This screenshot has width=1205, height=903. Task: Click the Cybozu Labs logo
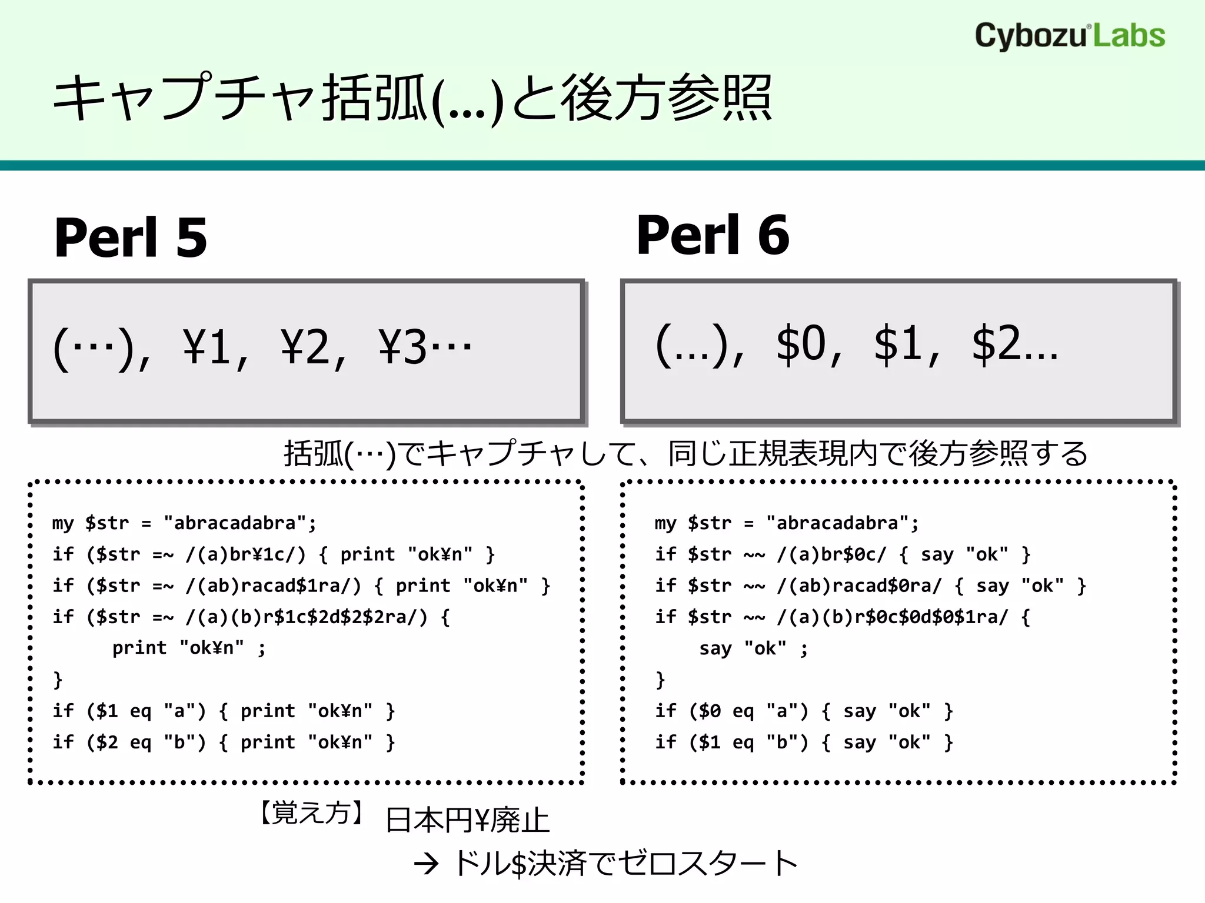(1070, 36)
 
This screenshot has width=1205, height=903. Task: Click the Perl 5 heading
(131, 237)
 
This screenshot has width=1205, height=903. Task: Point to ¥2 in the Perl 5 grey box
(305, 347)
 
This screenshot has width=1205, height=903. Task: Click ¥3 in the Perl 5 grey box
(402, 347)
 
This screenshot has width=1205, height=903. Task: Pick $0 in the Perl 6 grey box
(801, 343)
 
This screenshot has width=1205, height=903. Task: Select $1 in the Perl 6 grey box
(898, 343)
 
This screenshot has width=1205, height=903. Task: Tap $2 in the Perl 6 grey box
(996, 343)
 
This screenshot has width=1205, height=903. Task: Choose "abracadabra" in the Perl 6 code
(837, 523)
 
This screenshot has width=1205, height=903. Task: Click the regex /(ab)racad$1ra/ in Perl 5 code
(273, 586)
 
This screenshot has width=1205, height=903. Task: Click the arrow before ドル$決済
(426, 864)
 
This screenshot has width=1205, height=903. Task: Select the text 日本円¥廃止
(467, 820)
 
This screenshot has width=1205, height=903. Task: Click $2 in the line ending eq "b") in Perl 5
(108, 743)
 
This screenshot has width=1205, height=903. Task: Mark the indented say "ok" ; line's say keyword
(715, 648)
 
